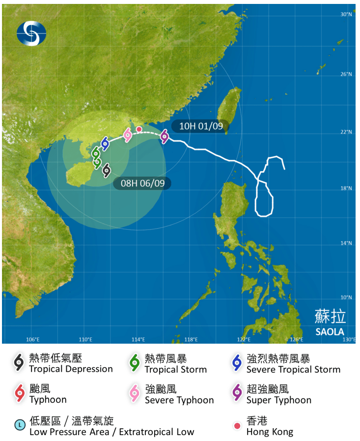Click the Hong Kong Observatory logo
tap(31, 32)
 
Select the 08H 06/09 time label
tap(142, 183)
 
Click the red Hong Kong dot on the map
tap(139, 129)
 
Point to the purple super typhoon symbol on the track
tap(165, 137)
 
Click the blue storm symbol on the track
tap(105, 144)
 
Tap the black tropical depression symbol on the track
tap(106, 170)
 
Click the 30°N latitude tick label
tap(347, 15)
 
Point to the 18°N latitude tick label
tap(347, 188)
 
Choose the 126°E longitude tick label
tap(296, 339)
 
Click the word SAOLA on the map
tap(330, 332)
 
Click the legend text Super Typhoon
tap(278, 400)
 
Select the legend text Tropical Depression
tap(71, 369)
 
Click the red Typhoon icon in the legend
tap(19, 394)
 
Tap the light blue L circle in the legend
tap(20, 424)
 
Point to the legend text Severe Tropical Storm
tap(293, 369)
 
